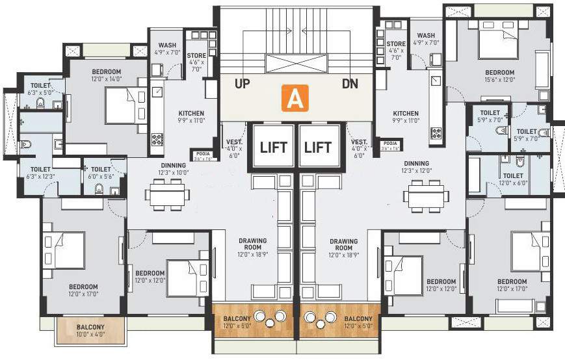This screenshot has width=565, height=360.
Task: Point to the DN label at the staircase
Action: tap(350, 84)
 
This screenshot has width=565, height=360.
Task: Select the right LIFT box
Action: tap(319, 146)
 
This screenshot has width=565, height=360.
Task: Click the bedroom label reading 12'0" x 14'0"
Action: tap(88, 75)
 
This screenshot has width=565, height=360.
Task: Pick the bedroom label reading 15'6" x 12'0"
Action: tap(499, 76)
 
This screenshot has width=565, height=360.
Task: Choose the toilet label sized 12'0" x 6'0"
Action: tap(512, 179)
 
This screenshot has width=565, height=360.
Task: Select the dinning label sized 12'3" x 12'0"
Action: tap(415, 166)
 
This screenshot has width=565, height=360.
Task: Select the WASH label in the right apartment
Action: tap(426, 39)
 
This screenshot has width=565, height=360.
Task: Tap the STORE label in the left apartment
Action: tap(196, 59)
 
